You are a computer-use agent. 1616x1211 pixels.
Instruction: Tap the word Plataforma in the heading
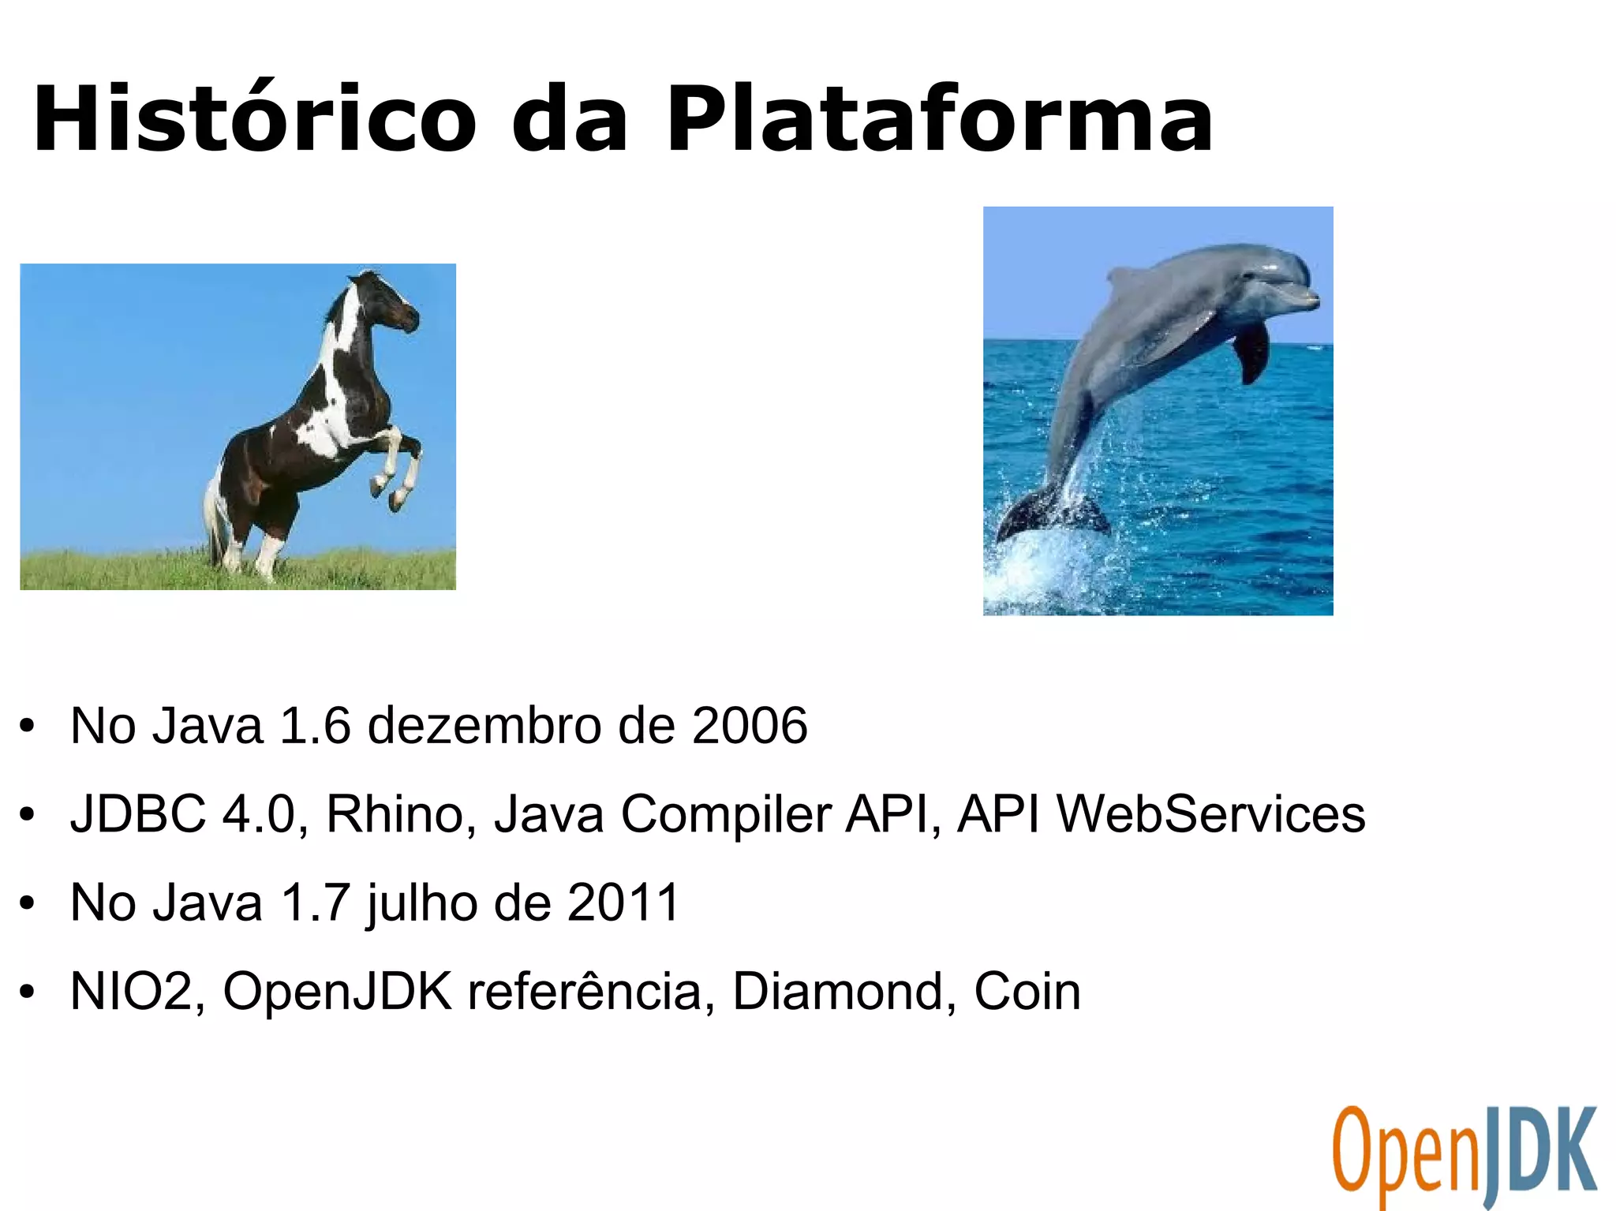[x=939, y=118]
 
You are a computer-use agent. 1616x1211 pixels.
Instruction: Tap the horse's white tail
[x=213, y=513]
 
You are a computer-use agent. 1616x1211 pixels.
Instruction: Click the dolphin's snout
[x=1306, y=300]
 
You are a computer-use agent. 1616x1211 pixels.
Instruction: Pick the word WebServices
[x=1210, y=814]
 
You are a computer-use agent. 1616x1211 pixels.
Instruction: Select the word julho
[x=421, y=903]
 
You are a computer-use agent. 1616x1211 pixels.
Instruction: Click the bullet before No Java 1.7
[x=28, y=903]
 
